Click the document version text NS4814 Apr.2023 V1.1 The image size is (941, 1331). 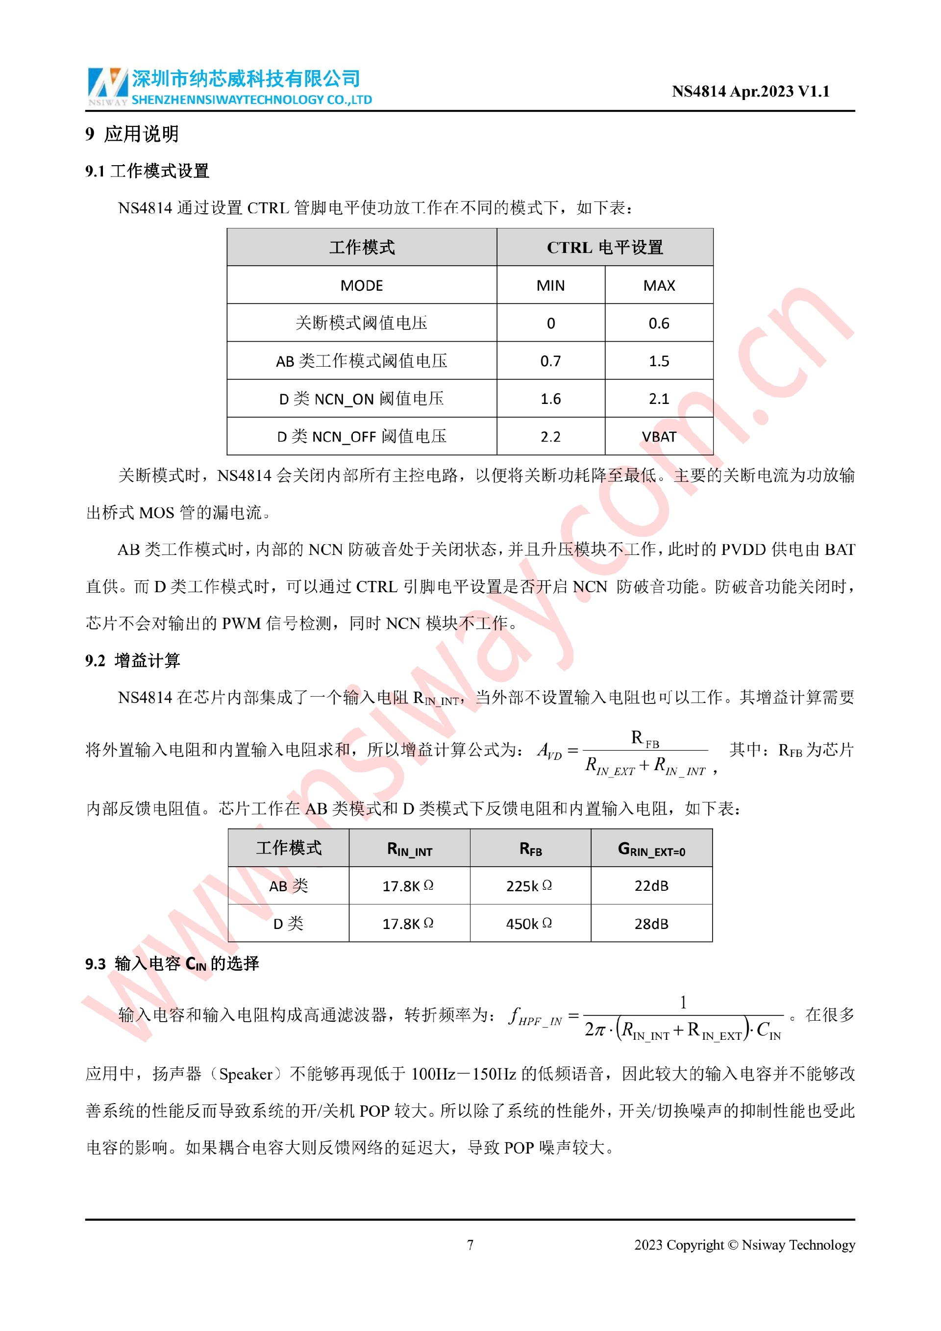(x=750, y=92)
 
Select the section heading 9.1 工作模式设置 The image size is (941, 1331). (x=147, y=171)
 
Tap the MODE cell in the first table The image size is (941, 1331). (x=362, y=285)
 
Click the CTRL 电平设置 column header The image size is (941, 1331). (x=604, y=248)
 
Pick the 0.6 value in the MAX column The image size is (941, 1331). (x=659, y=324)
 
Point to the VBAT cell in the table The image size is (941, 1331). (x=659, y=436)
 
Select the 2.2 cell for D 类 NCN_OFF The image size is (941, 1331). (x=550, y=436)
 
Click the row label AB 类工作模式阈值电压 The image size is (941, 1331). (x=362, y=361)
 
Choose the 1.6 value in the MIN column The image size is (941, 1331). (x=550, y=399)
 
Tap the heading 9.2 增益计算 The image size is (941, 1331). (x=133, y=660)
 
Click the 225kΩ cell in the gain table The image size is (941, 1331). (x=530, y=886)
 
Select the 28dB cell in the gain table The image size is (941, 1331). (x=651, y=924)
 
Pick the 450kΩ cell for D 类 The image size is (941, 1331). (x=530, y=924)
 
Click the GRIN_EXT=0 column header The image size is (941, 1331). (x=651, y=849)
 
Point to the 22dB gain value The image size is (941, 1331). (x=651, y=886)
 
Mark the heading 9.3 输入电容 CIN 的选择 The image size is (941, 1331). (x=172, y=963)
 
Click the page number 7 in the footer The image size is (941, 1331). (x=470, y=1245)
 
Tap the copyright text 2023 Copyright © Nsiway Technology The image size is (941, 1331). (x=744, y=1245)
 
